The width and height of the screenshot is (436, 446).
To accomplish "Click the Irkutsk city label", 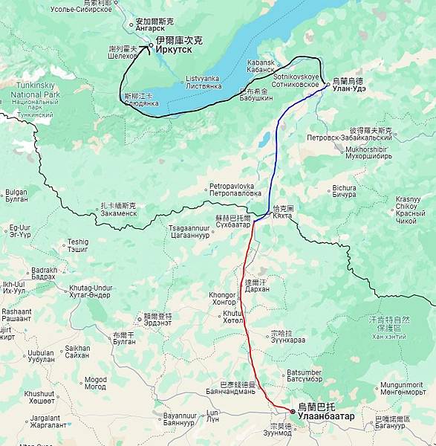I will pyautogui.click(x=178, y=45).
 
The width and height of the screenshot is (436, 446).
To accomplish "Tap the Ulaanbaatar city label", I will pyautogui.click(x=325, y=412).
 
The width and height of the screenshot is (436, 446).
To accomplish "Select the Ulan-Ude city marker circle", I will pyautogui.click(x=328, y=85).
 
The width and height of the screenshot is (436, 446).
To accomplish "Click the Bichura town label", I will pyautogui.click(x=344, y=193).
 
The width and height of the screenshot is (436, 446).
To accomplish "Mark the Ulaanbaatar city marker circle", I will pyautogui.click(x=293, y=411).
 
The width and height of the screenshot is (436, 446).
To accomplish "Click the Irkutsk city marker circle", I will pyautogui.click(x=151, y=45).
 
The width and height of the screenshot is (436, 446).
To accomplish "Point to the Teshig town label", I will pyautogui.click(x=78, y=245).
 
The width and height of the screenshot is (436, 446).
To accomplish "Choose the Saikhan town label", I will pyautogui.click(x=77, y=352).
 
